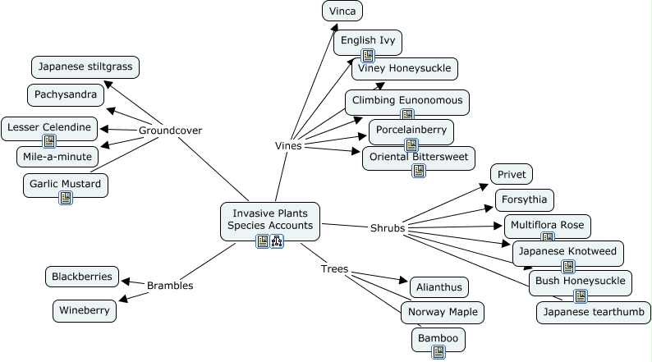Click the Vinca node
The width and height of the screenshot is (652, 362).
(x=342, y=11)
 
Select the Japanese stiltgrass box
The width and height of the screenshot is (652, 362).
(x=85, y=66)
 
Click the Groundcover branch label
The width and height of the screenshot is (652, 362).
(x=170, y=131)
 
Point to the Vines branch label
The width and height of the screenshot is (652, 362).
(x=288, y=146)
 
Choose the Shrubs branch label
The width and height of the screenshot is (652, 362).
(x=388, y=227)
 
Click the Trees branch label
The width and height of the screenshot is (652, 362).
(x=334, y=268)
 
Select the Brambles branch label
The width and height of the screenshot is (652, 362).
(x=170, y=286)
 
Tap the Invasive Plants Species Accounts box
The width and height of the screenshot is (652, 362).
(x=270, y=218)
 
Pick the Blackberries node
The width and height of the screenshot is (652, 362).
(x=81, y=277)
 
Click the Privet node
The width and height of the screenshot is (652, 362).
(x=512, y=174)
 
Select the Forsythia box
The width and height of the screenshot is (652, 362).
(x=525, y=199)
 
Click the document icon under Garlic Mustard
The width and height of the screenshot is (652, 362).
(x=66, y=197)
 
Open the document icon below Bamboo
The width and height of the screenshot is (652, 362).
(x=438, y=351)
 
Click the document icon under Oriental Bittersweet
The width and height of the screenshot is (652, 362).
(x=419, y=171)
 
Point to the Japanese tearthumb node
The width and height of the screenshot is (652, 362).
(x=593, y=313)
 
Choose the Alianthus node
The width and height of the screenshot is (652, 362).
(x=438, y=287)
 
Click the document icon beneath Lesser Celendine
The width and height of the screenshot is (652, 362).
(x=50, y=141)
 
